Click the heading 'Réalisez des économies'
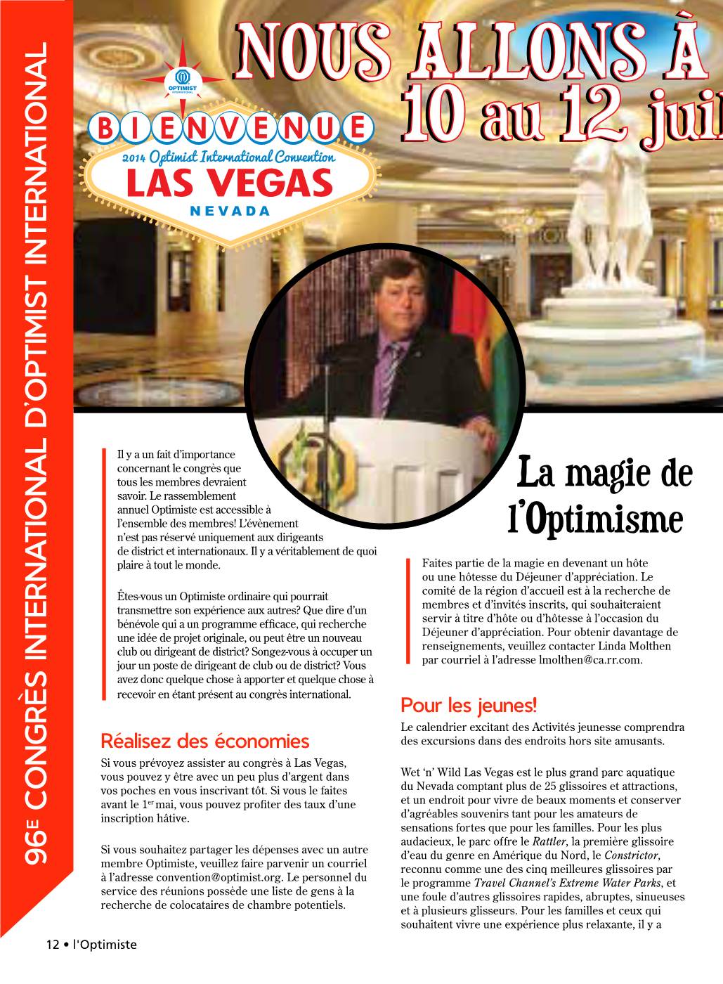tap(205, 741)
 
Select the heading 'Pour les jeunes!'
tap(469, 704)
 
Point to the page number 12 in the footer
tap(53, 945)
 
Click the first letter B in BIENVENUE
tap(106, 128)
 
